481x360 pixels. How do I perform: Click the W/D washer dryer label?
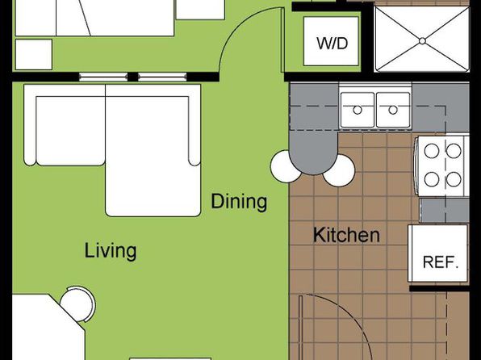(x=333, y=43)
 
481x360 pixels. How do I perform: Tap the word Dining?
(x=239, y=202)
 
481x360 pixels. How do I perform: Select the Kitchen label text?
(x=346, y=235)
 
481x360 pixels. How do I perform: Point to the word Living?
(x=111, y=251)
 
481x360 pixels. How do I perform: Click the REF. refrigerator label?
(x=441, y=262)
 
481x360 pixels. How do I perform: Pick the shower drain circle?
(x=422, y=41)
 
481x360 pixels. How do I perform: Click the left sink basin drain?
(x=358, y=110)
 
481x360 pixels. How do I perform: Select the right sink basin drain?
(x=393, y=110)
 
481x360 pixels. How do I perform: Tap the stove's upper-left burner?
(x=432, y=151)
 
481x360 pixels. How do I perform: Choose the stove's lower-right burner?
(x=454, y=179)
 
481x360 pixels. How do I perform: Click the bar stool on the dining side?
(x=284, y=166)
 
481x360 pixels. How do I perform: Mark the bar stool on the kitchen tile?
(x=340, y=171)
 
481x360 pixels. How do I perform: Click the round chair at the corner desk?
(x=78, y=303)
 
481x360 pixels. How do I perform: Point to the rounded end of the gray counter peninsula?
(x=313, y=164)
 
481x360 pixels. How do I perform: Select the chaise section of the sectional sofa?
(x=153, y=150)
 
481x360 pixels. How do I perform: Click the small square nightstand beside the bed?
(x=34, y=54)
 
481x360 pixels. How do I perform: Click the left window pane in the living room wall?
(x=103, y=77)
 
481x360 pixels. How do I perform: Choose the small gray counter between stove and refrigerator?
(x=444, y=211)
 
